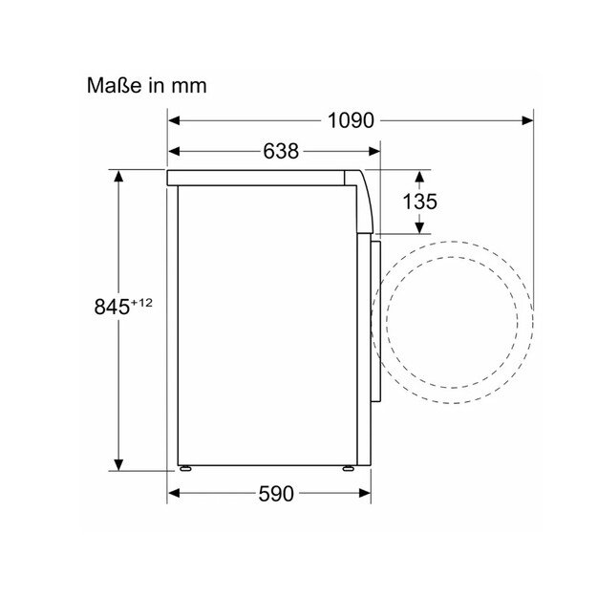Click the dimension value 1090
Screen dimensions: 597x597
click(349, 121)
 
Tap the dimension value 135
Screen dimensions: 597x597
click(419, 202)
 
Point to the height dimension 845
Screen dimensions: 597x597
click(111, 307)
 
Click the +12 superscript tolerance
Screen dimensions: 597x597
click(141, 302)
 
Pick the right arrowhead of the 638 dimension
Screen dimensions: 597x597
click(375, 151)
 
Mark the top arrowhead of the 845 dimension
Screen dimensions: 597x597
click(118, 176)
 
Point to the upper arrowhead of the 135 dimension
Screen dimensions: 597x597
click(419, 176)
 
